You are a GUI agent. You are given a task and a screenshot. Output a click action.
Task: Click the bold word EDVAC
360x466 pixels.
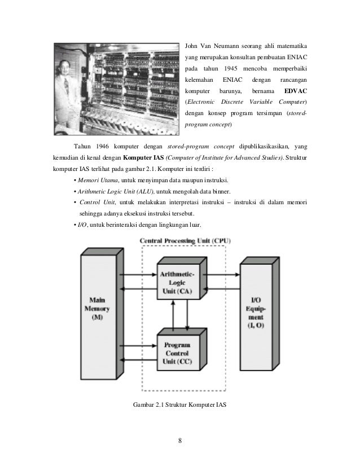[295, 91]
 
